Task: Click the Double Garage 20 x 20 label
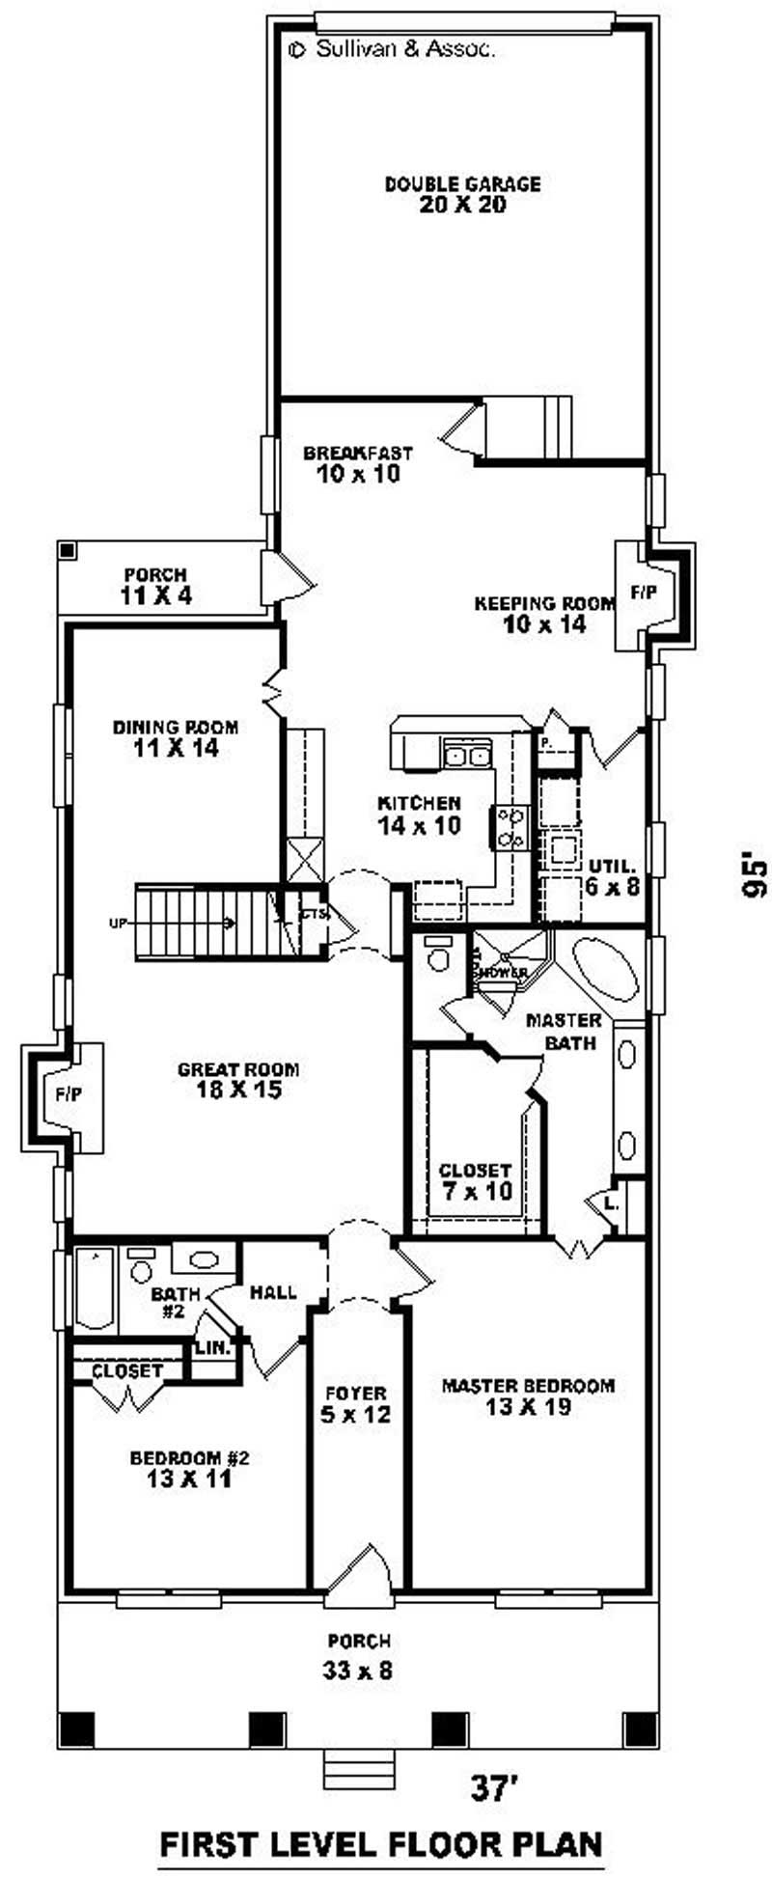462,194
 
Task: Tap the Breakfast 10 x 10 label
357,463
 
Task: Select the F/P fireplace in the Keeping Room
644,593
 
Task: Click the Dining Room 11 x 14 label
175,737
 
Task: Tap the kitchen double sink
466,755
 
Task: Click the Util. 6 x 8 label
612,874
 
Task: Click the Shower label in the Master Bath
503,972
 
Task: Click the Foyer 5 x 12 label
355,1404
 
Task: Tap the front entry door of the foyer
359,1574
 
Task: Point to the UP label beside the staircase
118,924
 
